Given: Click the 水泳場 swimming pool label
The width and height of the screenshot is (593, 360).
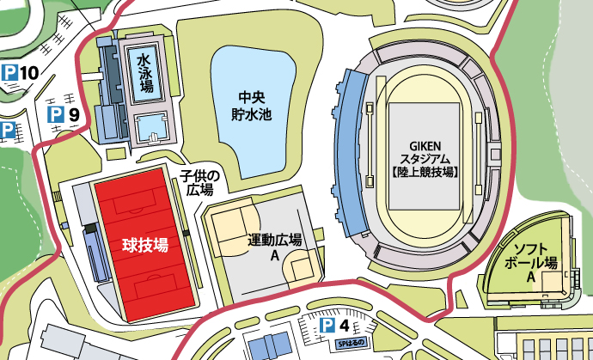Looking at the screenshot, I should point(145,73).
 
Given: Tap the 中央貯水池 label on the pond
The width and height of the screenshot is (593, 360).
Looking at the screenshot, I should point(250,105).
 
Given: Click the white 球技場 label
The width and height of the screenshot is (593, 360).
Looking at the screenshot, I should point(143,244).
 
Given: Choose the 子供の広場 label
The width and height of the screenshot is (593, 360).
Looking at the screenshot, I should point(199,182).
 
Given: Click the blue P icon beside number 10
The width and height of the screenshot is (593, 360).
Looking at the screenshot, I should point(9,73).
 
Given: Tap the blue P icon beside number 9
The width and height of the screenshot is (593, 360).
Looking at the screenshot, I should point(55,113).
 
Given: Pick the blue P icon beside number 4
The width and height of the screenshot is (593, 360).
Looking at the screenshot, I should point(327,326).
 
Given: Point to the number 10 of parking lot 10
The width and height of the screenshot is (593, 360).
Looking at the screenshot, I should point(28,73).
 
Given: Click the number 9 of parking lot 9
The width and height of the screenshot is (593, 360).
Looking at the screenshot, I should point(74,113).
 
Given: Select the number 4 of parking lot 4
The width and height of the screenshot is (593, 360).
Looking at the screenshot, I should point(345,326).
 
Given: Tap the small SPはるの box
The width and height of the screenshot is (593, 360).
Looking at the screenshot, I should point(352,343).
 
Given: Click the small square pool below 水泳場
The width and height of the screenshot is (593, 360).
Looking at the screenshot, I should point(151,126).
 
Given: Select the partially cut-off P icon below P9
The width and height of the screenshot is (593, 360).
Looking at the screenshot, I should point(7,131).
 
